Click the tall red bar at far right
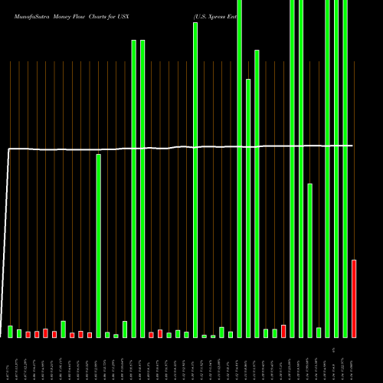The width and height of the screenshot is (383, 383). (354, 299)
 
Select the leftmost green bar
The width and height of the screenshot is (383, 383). (11, 331)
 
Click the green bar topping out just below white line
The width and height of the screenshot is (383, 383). (99, 245)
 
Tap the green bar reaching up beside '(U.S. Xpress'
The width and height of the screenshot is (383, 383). (195, 180)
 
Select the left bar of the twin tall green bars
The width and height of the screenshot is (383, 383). (134, 188)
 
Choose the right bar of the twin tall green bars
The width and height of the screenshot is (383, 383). (142, 188)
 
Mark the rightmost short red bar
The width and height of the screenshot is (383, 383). (283, 331)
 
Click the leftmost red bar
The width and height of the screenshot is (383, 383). (28, 334)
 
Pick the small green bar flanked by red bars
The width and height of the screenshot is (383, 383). (64, 329)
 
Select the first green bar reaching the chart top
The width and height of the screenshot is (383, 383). (240, 169)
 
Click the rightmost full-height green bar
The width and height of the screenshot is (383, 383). (345, 169)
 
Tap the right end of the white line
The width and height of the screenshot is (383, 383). (352, 145)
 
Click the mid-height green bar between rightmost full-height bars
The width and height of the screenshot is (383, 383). (310, 260)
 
